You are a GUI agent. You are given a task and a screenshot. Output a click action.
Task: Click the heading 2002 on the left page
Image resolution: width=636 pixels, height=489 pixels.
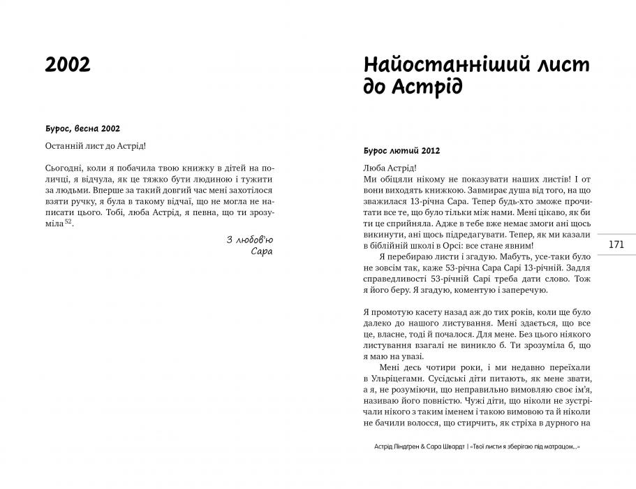tap(67, 64)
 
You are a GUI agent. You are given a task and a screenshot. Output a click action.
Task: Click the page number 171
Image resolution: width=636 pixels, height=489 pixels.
tap(616, 245)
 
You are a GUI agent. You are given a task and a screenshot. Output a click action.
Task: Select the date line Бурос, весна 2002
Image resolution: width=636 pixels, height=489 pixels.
tap(82, 129)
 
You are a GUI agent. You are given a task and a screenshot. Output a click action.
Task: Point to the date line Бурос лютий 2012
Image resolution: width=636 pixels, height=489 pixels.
tap(401, 151)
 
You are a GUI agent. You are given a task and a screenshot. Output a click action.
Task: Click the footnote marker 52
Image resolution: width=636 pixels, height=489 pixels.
tap(68, 221)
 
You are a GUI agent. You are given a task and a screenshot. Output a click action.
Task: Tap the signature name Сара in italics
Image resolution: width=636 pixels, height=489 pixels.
tap(262, 251)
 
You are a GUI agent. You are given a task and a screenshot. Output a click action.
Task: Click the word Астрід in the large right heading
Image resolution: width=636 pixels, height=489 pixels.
tap(424, 89)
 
